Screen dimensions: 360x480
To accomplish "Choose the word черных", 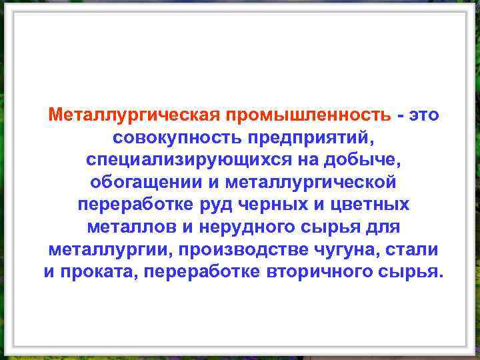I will (x=273, y=205).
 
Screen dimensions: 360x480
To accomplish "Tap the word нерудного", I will (x=245, y=227).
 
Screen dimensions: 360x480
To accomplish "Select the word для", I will (x=383, y=227).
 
